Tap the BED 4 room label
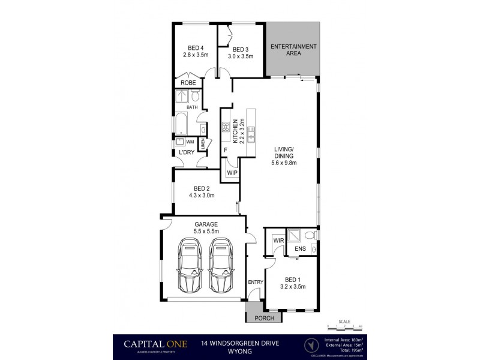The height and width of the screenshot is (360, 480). [x=195, y=49]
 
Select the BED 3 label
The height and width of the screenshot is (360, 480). [x=240, y=50]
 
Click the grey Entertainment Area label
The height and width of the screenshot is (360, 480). [x=293, y=50]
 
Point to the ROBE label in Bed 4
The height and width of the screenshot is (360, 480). [x=188, y=83]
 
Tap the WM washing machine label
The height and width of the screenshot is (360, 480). [x=190, y=142]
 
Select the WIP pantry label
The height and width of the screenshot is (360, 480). [x=232, y=173]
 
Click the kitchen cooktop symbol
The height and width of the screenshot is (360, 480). [x=227, y=127]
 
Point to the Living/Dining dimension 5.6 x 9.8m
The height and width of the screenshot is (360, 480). [x=284, y=162]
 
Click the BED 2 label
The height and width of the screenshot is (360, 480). [x=202, y=188]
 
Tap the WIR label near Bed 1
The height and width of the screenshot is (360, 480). [x=278, y=241]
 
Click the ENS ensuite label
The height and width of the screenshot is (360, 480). [x=300, y=248]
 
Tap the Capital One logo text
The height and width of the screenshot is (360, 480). [x=156, y=344]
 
